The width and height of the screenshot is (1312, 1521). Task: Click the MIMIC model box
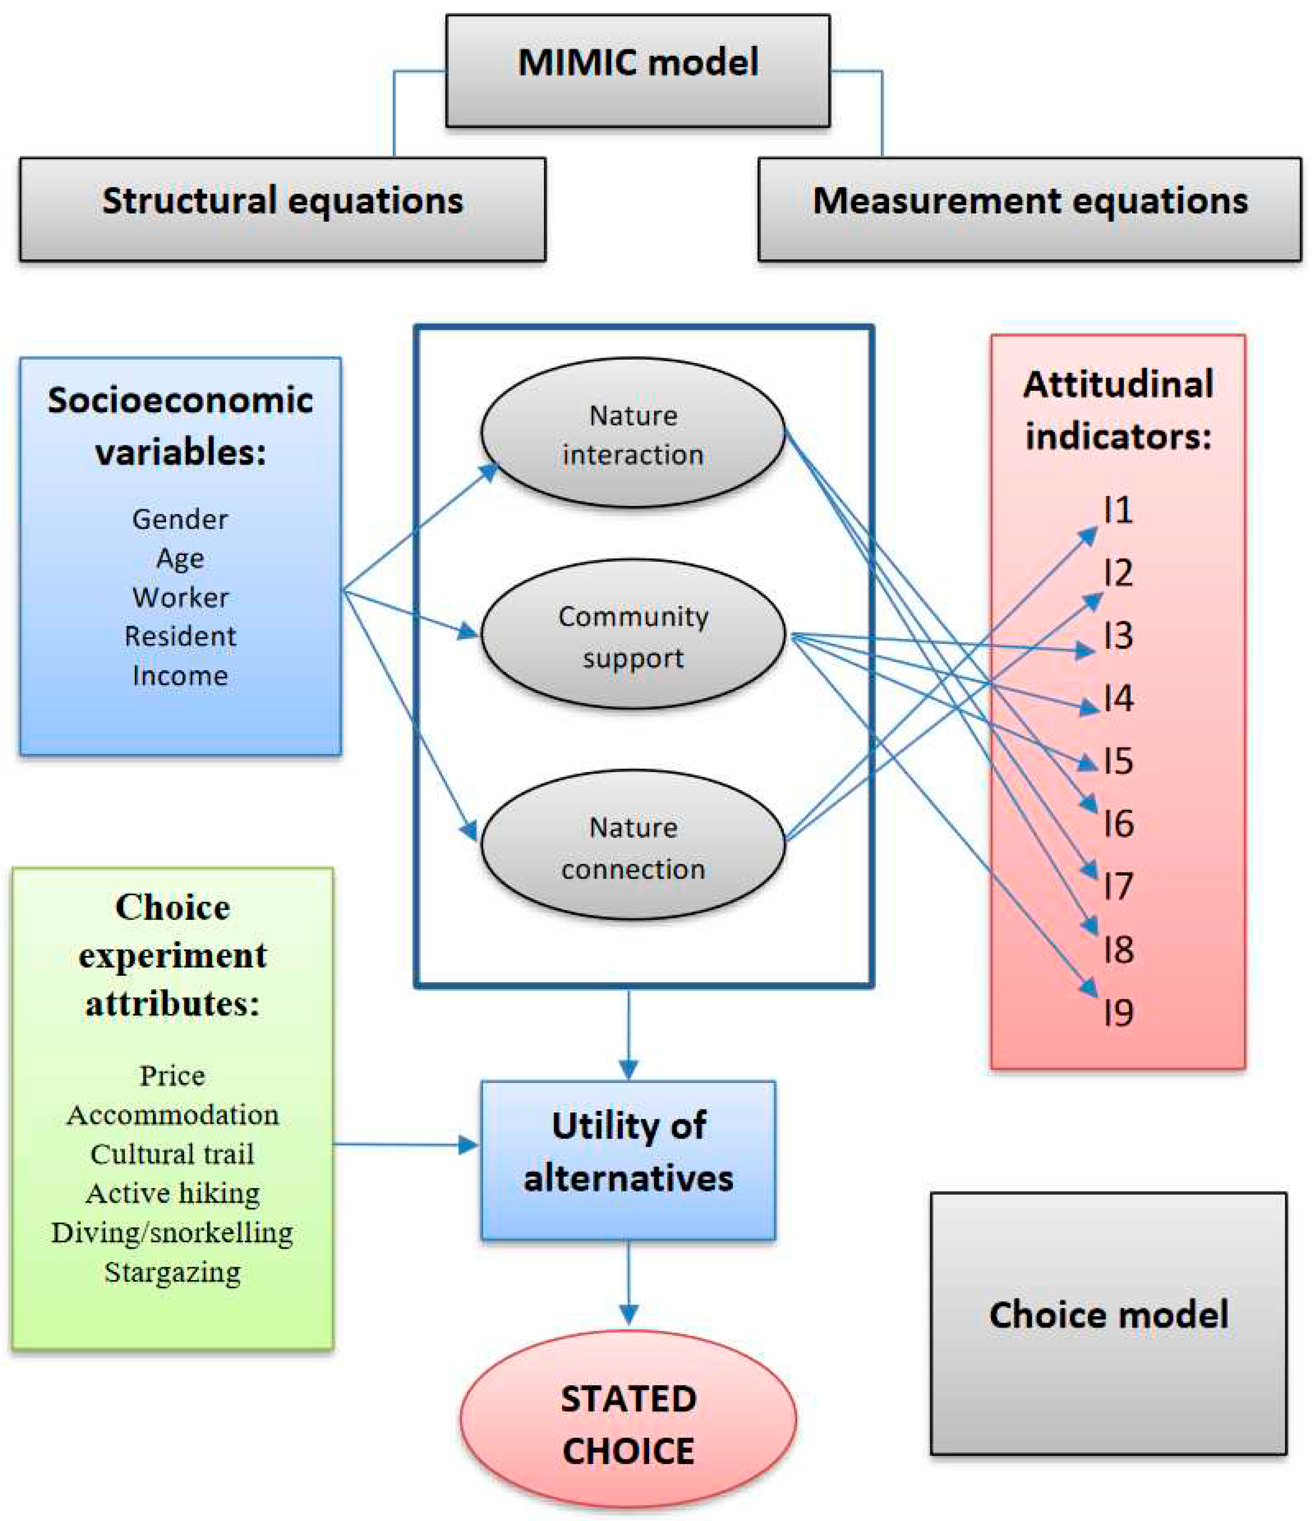click(637, 70)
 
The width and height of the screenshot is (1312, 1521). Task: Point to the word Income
click(180, 675)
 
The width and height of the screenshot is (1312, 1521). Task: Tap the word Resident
click(180, 636)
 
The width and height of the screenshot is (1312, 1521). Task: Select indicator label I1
click(1117, 510)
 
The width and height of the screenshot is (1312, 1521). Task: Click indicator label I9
click(1117, 1013)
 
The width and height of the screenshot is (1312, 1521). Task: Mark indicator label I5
click(1117, 761)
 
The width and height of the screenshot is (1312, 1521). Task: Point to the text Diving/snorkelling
click(173, 1232)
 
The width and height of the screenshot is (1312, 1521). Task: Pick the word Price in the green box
click(173, 1076)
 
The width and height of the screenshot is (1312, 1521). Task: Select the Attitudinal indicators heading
click(1117, 410)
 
